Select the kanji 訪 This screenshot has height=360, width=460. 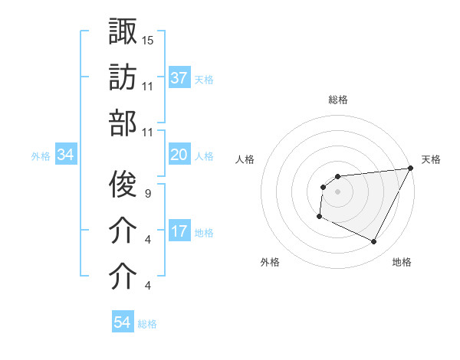click(123, 77)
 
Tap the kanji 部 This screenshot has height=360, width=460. click(123, 124)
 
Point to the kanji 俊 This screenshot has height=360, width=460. click(123, 183)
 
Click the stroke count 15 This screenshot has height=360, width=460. click(148, 39)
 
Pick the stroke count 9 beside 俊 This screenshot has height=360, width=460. click(147, 193)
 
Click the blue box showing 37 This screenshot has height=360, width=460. click(179, 77)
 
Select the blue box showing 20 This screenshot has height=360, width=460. click(179, 155)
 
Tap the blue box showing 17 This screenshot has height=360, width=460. click(179, 231)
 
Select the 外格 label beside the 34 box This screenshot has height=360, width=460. click(41, 155)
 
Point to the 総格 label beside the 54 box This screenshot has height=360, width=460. click(148, 323)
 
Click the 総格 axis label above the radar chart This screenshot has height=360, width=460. click(338, 100)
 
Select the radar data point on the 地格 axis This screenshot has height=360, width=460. click(374, 242)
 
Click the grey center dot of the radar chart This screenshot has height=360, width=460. click(337, 191)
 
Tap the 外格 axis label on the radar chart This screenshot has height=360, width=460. click(270, 262)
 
